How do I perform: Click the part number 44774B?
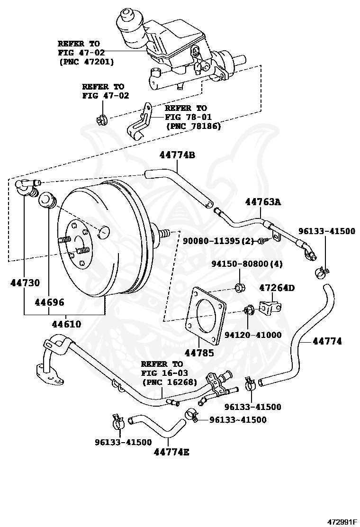click(x=177, y=155)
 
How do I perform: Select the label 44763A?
click(x=263, y=202)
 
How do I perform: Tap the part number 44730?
click(x=25, y=283)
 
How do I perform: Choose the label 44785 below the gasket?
click(x=199, y=353)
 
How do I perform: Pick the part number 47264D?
click(x=277, y=288)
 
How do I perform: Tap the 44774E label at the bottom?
click(x=171, y=452)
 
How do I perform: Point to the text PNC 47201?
click(x=86, y=62)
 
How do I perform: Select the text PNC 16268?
click(x=170, y=382)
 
